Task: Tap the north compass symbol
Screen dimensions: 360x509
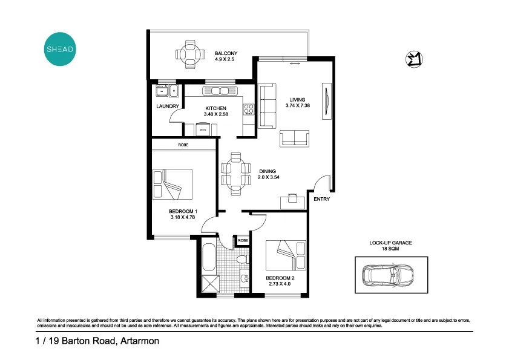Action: click(414, 59)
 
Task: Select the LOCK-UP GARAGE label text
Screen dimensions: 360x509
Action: click(390, 242)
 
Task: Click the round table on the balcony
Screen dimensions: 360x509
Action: click(191, 54)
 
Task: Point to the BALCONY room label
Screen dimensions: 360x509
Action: click(225, 53)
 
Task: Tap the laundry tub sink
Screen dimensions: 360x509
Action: click(163, 91)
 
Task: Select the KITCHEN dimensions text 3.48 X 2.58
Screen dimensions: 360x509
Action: click(215, 114)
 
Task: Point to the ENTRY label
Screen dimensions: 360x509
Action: click(321, 199)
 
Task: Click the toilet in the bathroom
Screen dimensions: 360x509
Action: click(243, 260)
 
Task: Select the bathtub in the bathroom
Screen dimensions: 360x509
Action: click(208, 257)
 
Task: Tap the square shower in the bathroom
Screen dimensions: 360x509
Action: click(211, 283)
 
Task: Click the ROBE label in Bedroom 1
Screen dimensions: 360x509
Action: click(183, 145)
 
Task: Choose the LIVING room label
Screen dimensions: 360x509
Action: click(297, 100)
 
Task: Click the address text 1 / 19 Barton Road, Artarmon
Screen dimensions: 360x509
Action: click(97, 341)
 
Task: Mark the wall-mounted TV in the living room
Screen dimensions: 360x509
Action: click(327, 100)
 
